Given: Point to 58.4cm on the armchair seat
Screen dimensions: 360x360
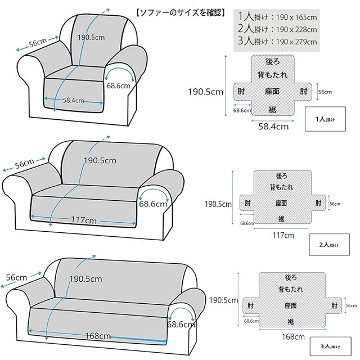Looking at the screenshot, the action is click(x=74, y=100).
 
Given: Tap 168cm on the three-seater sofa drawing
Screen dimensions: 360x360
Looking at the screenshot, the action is click(x=97, y=336).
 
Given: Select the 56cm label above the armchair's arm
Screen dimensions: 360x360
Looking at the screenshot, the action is click(x=37, y=43).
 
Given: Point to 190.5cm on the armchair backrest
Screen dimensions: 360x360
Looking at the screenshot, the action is click(x=92, y=38).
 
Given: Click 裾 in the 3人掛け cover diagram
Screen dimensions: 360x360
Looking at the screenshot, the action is click(x=290, y=321).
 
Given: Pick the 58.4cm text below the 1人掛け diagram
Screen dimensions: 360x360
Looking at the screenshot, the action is click(x=273, y=127).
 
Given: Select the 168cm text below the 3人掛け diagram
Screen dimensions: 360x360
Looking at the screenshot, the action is click(x=291, y=336).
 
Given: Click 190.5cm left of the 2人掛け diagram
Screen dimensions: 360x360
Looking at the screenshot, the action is click(x=218, y=204).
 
